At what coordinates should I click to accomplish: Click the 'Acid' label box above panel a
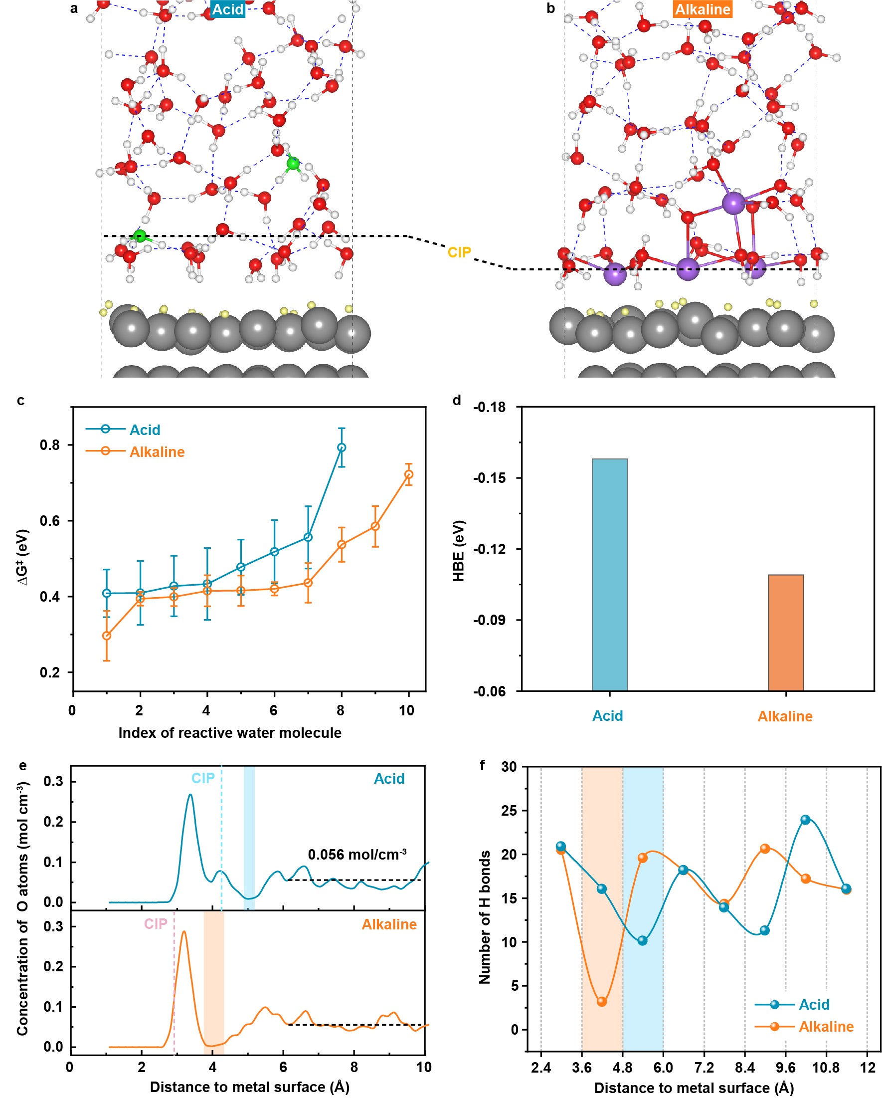228,9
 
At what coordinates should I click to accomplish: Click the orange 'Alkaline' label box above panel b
702,9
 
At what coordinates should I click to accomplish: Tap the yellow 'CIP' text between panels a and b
459,252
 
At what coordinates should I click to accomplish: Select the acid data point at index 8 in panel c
341,447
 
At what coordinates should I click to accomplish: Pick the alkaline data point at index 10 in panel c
408,474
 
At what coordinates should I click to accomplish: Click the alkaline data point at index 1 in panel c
107,636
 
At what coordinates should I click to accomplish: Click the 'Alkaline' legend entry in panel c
157,452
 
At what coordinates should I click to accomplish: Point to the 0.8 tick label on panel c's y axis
49,445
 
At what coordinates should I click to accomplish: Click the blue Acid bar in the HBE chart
609,575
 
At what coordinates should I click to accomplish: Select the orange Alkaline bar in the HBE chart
785,632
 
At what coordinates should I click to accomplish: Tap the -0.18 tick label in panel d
489,408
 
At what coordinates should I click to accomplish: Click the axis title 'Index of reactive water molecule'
230,733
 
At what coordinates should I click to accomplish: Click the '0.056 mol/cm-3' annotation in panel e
357,854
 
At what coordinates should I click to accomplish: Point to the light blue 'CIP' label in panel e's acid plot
203,778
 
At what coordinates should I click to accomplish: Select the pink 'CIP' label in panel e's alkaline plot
155,923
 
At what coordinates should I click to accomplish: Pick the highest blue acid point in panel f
805,820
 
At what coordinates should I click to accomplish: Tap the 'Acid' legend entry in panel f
814,1004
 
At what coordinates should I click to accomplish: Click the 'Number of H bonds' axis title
484,917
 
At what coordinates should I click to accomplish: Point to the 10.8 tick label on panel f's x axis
826,1068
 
